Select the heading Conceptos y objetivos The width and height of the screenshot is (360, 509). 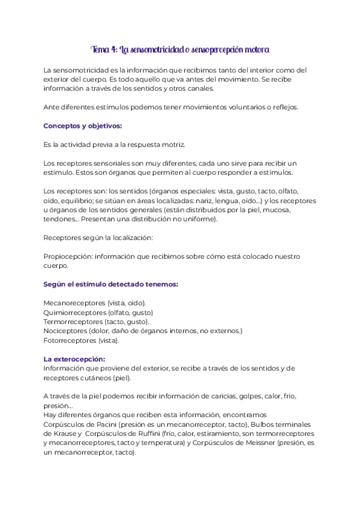pyautogui.click(x=83, y=126)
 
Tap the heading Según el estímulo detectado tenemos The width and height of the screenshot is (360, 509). pyautogui.click(x=110, y=284)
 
